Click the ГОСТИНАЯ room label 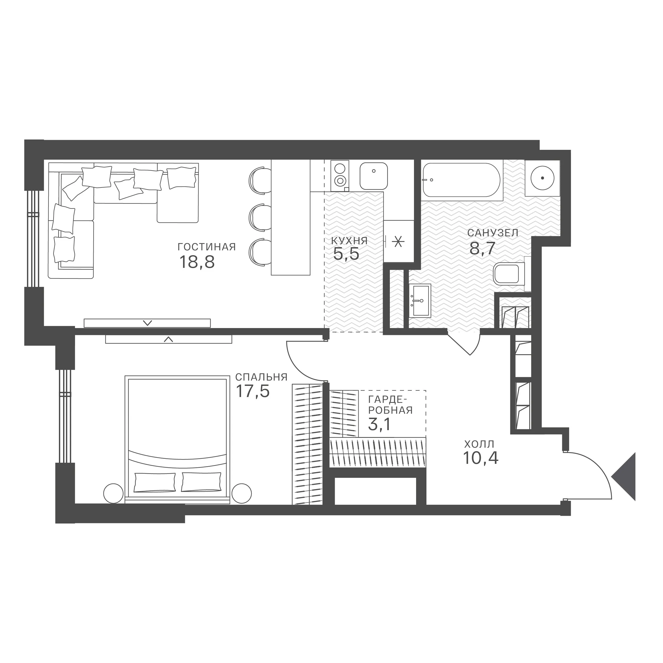click(207, 247)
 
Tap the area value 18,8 click(197, 263)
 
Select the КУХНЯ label click(349, 241)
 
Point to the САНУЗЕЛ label click(493, 233)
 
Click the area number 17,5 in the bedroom click(253, 391)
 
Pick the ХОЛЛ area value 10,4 click(481, 458)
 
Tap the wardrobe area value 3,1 click(379, 425)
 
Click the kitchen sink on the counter click(374, 176)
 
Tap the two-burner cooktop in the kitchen click(340, 175)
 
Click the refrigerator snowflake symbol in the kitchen click(398, 242)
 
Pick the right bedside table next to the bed click(242, 494)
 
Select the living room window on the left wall click(34, 238)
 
